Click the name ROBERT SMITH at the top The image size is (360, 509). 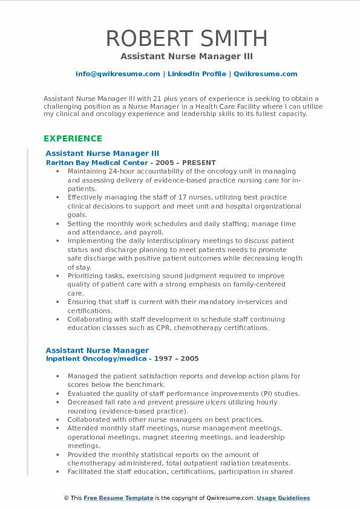[186, 39]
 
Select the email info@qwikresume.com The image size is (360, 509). [117, 74]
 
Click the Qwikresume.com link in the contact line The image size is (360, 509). [265, 74]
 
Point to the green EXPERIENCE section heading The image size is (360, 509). [73, 138]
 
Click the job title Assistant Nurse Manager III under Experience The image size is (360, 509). [102, 154]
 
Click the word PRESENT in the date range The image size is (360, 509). [198, 163]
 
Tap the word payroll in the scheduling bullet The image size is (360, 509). [151, 232]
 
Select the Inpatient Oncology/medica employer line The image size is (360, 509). [96, 358]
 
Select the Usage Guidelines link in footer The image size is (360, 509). [283, 498]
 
